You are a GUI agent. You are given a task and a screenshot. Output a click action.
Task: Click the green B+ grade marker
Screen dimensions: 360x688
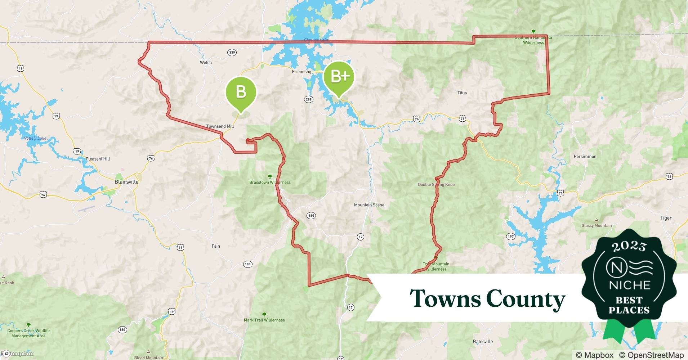(x=339, y=76)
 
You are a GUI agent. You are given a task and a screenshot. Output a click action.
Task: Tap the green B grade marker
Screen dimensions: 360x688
(x=241, y=92)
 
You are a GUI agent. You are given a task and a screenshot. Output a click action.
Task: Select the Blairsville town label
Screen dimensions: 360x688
(x=126, y=182)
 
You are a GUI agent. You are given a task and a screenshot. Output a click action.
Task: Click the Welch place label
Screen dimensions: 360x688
(x=206, y=63)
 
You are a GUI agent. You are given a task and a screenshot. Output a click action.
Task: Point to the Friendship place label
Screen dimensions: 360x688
(x=302, y=72)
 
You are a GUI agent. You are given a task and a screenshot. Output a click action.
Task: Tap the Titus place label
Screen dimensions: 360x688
(x=462, y=93)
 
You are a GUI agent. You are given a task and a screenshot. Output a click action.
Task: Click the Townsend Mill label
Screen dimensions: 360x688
(x=220, y=126)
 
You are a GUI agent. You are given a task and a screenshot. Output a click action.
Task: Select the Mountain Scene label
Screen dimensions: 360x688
(x=369, y=205)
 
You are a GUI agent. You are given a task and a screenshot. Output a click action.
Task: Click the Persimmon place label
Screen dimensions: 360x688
(x=585, y=157)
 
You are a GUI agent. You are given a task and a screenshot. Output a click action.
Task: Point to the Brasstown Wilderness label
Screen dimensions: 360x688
(x=270, y=182)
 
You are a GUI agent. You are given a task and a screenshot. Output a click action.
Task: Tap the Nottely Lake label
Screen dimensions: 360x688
(x=35, y=138)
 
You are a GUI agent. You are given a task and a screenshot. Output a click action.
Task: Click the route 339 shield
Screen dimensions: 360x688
(x=232, y=53)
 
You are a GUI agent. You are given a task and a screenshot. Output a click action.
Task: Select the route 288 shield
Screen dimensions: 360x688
(x=308, y=99)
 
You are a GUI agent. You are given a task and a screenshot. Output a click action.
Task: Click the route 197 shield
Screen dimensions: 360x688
(x=510, y=237)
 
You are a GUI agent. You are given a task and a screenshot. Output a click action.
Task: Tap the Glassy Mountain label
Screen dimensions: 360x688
(x=596, y=226)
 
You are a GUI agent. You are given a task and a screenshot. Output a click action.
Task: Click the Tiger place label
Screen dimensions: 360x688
(x=666, y=218)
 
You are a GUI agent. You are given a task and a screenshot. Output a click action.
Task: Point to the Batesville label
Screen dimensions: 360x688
(x=483, y=341)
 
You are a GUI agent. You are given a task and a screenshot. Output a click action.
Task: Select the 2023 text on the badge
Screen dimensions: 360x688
(x=629, y=247)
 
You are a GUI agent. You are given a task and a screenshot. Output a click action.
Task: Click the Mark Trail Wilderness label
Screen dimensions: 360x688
(x=264, y=320)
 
